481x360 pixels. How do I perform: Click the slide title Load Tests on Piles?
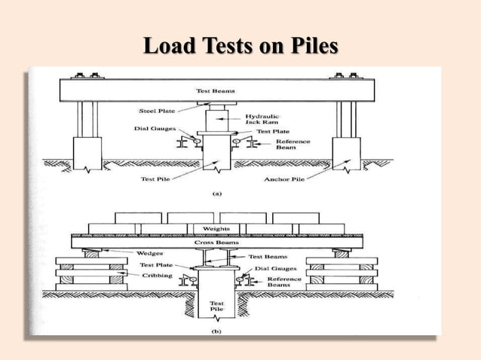(x=240, y=47)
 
